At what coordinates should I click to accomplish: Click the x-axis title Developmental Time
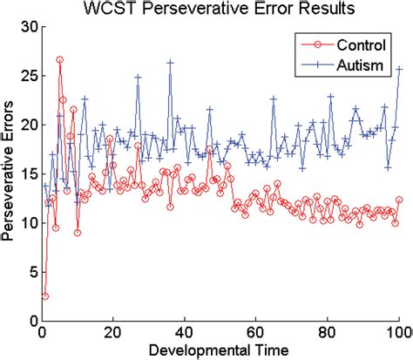[221, 350]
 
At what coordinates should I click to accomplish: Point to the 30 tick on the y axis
[29, 27]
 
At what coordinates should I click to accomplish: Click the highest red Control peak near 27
[59, 60]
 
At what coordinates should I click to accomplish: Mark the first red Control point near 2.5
[45, 296]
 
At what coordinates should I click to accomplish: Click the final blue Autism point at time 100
[399, 69]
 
